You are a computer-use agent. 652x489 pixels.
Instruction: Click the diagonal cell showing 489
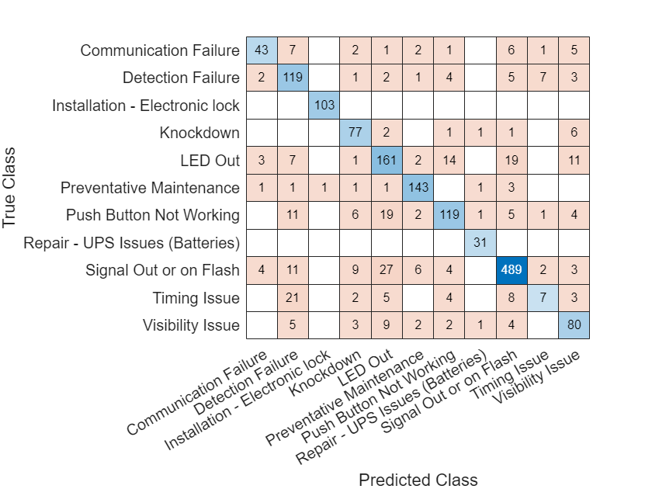(x=512, y=270)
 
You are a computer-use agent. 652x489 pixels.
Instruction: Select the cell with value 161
(x=387, y=160)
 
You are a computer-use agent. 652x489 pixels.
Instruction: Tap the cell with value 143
(x=418, y=187)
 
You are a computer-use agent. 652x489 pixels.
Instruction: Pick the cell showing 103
(x=324, y=105)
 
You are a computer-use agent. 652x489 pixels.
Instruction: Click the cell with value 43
(x=262, y=50)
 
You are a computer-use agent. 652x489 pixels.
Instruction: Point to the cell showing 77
(x=355, y=133)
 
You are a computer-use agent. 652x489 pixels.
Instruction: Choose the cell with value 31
(x=480, y=242)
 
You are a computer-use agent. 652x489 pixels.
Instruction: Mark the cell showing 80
(x=574, y=325)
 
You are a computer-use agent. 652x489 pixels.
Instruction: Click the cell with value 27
(x=387, y=270)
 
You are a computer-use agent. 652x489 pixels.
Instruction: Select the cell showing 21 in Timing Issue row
(x=293, y=297)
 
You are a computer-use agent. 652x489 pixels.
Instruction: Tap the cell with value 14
(x=449, y=160)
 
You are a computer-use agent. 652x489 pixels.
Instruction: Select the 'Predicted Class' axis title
(x=418, y=480)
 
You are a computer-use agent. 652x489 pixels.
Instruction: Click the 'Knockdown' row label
(x=199, y=133)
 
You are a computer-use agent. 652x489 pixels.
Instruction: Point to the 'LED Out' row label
(x=212, y=160)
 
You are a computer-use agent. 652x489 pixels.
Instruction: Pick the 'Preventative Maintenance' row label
(x=150, y=187)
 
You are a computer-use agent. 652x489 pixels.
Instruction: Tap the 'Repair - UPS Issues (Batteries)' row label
(x=131, y=242)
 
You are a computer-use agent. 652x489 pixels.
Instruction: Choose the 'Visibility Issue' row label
(x=191, y=325)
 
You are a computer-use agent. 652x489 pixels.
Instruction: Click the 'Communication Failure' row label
(x=160, y=50)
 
